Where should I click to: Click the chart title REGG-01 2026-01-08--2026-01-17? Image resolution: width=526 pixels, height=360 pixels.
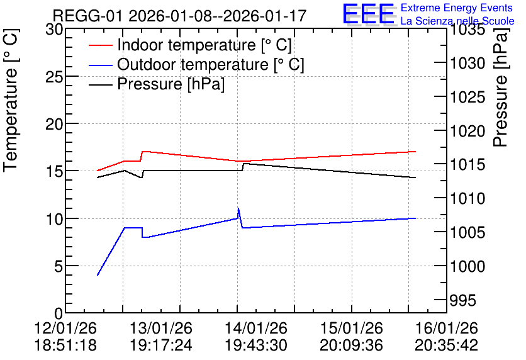179,16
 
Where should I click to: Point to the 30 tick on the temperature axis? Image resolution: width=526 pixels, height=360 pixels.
54,30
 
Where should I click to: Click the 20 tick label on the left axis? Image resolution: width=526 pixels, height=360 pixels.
54,125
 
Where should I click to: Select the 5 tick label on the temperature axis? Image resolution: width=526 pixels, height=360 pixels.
59,267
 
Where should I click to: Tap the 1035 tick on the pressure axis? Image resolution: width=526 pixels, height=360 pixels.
467,30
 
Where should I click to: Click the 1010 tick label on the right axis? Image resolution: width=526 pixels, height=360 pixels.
467,198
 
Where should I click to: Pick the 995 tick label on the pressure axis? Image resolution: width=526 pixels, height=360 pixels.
463,300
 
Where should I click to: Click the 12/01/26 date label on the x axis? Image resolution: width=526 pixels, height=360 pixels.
65,328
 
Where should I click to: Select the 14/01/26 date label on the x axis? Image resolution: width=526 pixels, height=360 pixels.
256,328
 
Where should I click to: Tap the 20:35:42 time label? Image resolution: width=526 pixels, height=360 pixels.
447,346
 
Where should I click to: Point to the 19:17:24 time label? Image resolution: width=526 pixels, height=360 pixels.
160,346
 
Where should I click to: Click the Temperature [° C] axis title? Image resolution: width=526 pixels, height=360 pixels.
11,101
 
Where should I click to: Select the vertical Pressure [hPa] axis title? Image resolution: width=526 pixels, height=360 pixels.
501,88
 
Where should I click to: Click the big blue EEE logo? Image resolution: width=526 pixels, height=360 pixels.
368,13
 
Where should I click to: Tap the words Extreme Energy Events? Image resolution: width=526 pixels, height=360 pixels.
457,8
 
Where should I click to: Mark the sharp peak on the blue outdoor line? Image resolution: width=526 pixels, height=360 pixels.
238,208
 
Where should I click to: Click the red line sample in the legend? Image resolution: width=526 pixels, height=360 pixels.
100,45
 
